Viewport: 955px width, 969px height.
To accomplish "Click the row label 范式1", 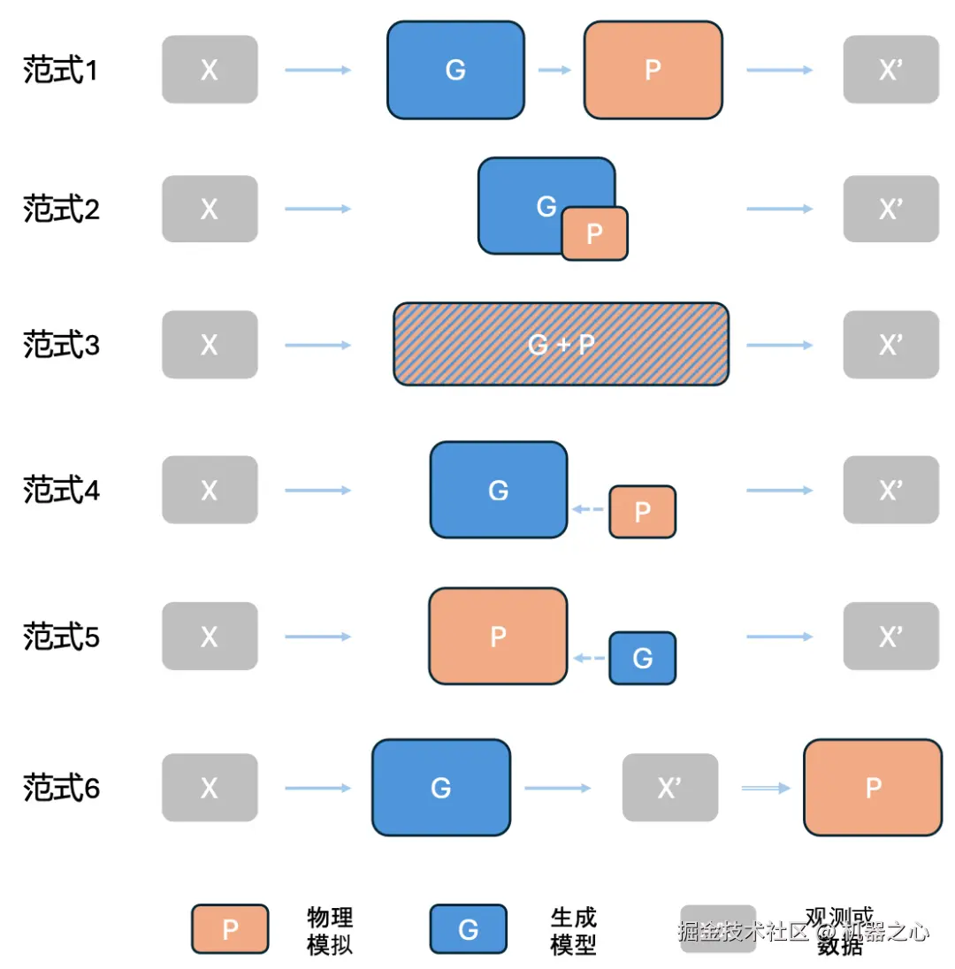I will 60,71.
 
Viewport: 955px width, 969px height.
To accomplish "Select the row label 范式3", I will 60,345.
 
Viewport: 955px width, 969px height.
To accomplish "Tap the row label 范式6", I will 60,787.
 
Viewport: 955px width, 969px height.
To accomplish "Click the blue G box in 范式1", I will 455,70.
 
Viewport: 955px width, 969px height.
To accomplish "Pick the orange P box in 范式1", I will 653,70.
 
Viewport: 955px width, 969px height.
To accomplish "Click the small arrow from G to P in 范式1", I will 554,70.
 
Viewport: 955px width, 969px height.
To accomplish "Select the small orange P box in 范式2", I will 594,233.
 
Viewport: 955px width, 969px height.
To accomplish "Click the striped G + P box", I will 561,344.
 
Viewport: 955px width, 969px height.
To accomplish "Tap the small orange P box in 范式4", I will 642,511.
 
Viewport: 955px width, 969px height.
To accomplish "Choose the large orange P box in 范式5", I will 498,636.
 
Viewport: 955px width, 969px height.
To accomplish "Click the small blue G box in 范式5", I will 642,658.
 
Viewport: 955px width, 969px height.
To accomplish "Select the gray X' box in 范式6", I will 669,788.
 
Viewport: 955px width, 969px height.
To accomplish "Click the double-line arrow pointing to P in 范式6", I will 766,788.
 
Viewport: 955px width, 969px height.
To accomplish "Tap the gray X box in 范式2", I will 210,209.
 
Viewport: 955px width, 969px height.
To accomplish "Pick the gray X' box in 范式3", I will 890,345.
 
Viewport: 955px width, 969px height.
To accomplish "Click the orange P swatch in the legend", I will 230,929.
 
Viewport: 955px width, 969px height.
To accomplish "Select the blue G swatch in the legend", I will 468,929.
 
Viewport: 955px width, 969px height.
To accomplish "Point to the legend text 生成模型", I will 573,930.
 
